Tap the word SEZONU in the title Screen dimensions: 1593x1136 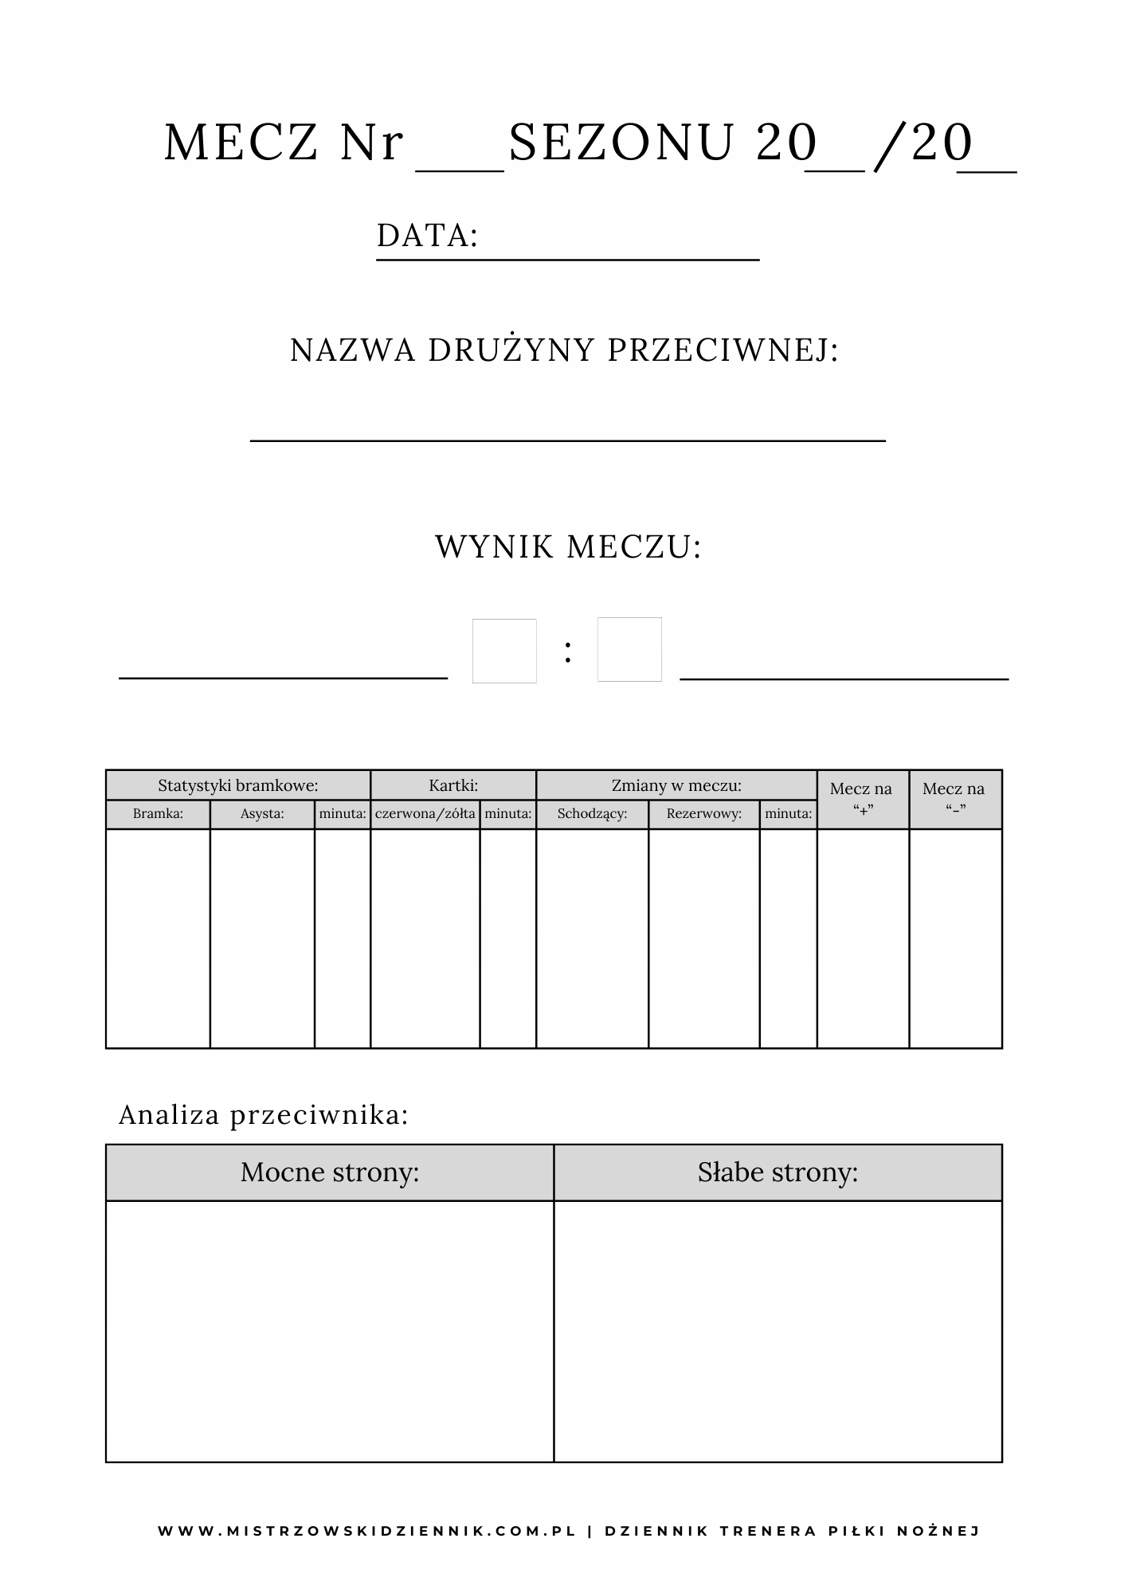[621, 143]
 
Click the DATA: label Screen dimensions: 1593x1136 [427, 236]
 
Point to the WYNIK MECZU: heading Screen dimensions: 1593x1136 [568, 547]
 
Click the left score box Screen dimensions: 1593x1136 [504, 651]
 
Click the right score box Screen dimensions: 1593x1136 [629, 649]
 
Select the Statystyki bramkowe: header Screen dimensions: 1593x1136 [237, 785]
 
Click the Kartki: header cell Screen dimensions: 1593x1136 [453, 785]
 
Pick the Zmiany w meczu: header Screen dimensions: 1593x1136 [676, 785]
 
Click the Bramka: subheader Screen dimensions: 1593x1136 [158, 814]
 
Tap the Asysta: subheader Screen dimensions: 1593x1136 [262, 814]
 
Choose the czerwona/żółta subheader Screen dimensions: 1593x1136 [425, 814]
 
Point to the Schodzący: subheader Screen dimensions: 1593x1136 [592, 814]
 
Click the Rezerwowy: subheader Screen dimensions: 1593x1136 [704, 814]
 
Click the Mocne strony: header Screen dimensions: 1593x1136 [330, 1172]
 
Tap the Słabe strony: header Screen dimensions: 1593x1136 [778, 1172]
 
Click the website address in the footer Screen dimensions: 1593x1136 [366, 1531]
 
